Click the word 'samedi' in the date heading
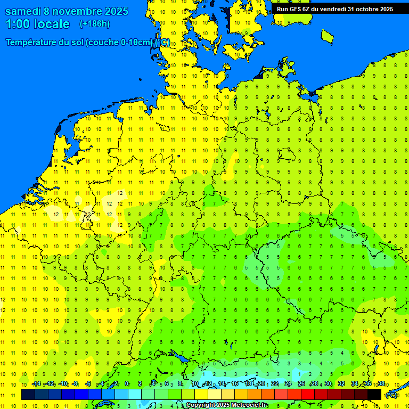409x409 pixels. click(23, 11)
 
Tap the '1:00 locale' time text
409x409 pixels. click(37, 24)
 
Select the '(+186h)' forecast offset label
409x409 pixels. click(94, 24)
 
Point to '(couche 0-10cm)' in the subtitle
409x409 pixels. click(118, 43)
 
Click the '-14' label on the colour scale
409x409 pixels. click(36, 383)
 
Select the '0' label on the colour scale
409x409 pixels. click(127, 383)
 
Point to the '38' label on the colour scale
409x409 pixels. click(381, 383)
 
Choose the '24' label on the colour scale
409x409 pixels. click(288, 383)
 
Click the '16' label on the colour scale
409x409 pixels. click(235, 383)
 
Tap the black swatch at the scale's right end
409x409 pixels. click(374, 394)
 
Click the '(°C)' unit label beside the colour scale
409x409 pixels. click(391, 395)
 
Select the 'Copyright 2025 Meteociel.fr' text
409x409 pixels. click(226, 405)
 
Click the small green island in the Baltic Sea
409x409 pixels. click(327, 36)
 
